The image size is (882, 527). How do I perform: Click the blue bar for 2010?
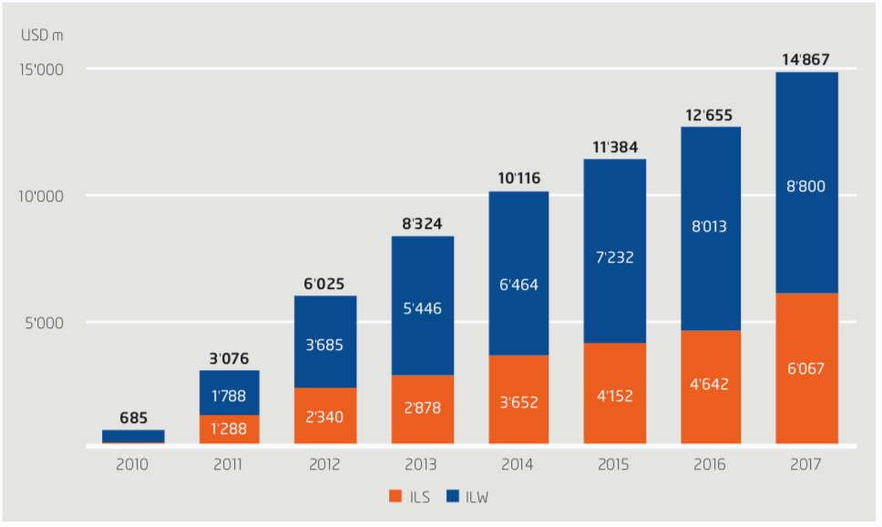tap(133, 437)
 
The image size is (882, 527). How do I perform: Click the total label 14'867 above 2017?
tap(806, 60)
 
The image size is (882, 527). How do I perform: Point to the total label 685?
tap(133, 418)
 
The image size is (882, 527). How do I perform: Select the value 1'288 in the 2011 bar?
tap(229, 429)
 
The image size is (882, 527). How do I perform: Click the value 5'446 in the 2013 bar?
tap(422, 308)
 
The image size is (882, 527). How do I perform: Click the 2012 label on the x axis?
tap(325, 464)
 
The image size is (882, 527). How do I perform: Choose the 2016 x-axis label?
tap(710, 464)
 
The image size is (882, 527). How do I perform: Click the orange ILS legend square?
tap(395, 497)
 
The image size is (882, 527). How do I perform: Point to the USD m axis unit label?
tap(42, 36)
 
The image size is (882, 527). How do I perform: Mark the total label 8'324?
tap(422, 222)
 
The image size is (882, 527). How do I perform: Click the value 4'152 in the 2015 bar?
tap(614, 397)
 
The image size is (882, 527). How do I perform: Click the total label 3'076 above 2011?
tap(229, 357)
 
